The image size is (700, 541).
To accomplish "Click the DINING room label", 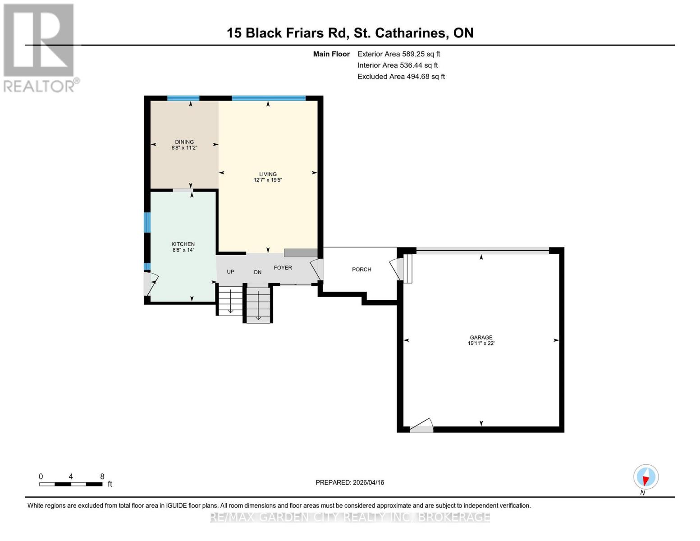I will [184, 142].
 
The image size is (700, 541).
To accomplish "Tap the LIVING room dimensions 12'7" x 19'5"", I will [268, 180].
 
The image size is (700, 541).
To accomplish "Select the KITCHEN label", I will [183, 244].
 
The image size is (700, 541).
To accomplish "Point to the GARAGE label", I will [481, 337].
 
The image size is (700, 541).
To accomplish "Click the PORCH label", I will [361, 270].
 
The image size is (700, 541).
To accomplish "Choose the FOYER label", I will [283, 268].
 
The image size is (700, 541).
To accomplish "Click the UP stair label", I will [230, 272].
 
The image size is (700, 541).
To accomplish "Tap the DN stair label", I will [258, 272].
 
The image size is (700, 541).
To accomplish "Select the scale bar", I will [71, 484].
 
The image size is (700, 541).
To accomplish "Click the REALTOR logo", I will [40, 47].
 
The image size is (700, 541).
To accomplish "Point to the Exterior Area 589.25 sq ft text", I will [398, 54].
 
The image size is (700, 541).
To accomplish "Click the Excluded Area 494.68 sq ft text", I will [401, 77].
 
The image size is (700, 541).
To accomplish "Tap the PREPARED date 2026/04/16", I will [350, 482].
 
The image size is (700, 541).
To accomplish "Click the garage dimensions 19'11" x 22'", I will [481, 344].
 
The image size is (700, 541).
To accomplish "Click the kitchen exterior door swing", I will [150, 283].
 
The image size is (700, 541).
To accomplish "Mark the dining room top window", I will [183, 98].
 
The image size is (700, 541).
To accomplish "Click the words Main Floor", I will [331, 54].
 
